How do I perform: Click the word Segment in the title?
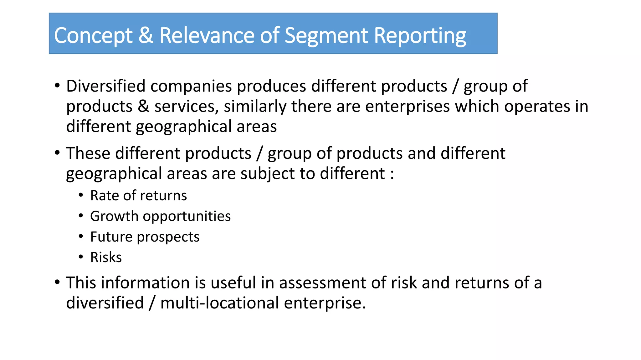coord(326,36)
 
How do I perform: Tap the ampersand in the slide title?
coord(146,35)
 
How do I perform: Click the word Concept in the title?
coord(93,36)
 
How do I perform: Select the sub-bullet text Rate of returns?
coord(138,196)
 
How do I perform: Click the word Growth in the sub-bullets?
coord(114,216)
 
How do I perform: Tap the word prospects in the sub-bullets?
coord(168,237)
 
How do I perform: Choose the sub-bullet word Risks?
coord(106,257)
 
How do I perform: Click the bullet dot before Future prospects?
coord(81,237)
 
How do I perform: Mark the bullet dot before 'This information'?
coord(57,282)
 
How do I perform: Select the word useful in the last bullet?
coord(233,283)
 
